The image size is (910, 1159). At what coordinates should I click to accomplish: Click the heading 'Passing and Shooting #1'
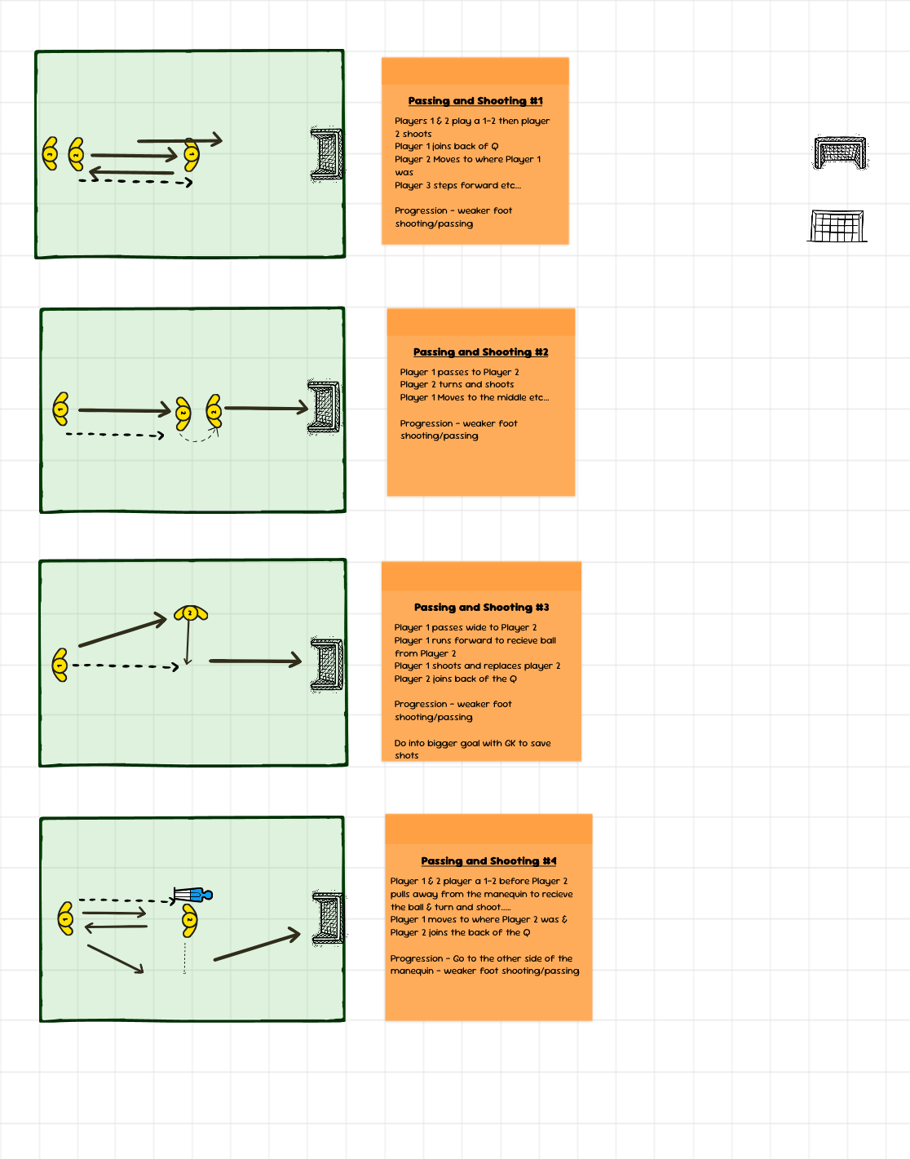(x=475, y=101)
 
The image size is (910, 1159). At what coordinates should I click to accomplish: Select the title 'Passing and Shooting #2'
(x=480, y=352)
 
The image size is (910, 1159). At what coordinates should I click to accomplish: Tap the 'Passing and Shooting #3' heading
(x=481, y=608)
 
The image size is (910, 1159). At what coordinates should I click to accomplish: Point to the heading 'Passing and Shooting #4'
(x=488, y=861)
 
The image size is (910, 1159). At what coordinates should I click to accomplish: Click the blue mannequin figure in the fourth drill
(x=192, y=895)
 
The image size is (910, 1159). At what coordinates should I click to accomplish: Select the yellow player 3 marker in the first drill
(x=51, y=153)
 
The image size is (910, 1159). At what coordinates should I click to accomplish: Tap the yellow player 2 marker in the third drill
(x=191, y=613)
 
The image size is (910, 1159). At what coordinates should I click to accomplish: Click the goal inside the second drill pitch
(x=325, y=407)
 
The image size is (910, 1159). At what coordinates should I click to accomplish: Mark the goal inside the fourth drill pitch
(x=329, y=918)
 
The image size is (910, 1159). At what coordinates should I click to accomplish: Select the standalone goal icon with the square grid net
(x=837, y=226)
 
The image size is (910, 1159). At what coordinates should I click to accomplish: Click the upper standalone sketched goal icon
(x=840, y=153)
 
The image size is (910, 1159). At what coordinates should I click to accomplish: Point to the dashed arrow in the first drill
(x=135, y=182)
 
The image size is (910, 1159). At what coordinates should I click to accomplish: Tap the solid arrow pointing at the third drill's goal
(x=255, y=661)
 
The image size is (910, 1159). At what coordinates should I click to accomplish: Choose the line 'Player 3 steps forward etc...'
(x=457, y=185)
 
